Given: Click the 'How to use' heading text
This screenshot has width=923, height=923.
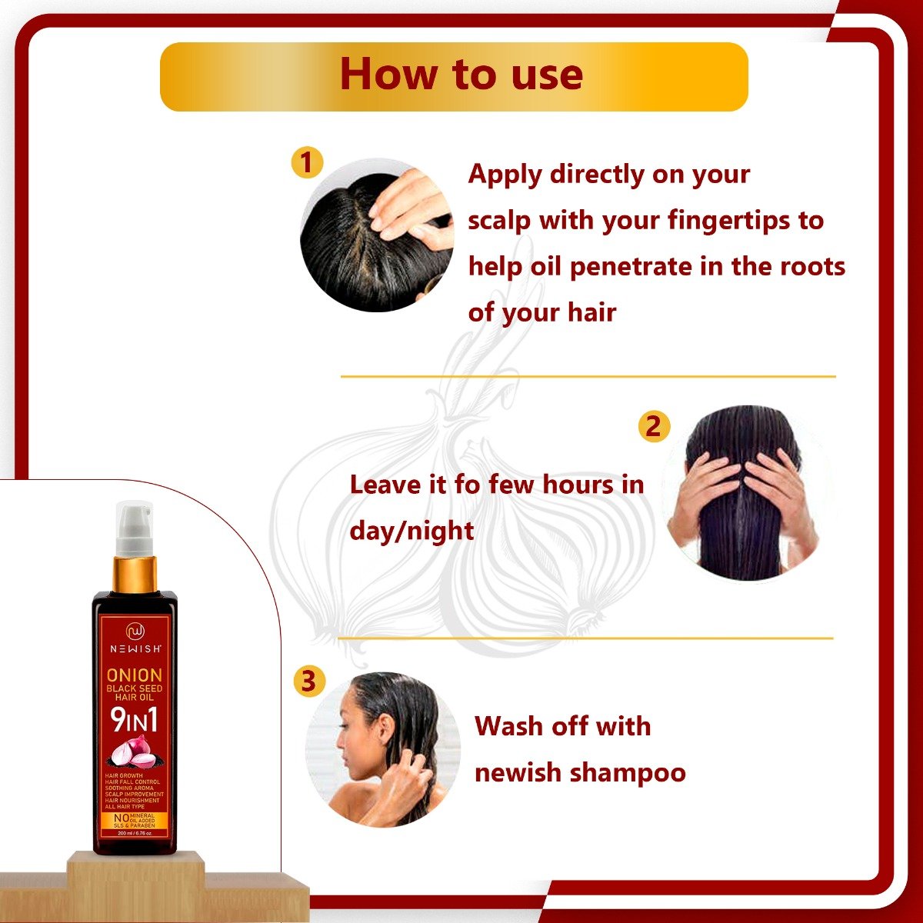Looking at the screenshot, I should point(461,75).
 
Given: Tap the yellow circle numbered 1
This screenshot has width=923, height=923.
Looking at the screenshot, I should point(307,163).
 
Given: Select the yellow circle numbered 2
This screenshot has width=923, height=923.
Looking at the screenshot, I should point(654,426).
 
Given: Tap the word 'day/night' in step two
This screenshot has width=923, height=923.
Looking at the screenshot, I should point(412,531).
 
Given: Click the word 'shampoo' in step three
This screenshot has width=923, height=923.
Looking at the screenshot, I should point(628,772).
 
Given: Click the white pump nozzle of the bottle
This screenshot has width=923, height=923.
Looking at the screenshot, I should point(135,528).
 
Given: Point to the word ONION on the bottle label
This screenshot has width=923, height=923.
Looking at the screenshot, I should point(135,675).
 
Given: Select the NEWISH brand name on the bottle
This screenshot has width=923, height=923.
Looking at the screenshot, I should point(135,648).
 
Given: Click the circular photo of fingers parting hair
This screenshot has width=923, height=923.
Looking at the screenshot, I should point(377,235).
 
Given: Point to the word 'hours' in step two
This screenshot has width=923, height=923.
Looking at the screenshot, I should point(578,485).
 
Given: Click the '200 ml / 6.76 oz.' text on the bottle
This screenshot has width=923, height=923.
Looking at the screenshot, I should point(135,833).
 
